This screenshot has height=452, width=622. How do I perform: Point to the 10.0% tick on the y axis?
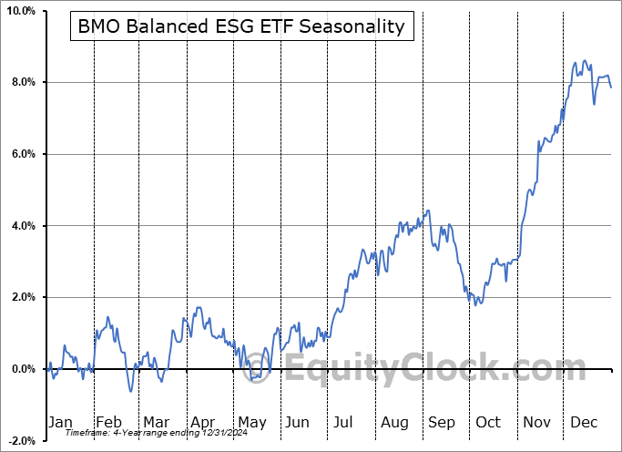19,11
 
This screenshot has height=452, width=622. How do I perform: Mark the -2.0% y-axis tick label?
20,440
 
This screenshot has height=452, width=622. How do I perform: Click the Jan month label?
59,422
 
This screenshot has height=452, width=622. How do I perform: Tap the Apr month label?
202,422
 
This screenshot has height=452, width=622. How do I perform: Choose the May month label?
251,422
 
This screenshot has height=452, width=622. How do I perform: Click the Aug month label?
395,422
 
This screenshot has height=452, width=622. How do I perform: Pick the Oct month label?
488,422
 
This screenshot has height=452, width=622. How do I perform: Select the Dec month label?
583,422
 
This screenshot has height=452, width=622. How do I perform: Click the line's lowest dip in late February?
130,391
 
